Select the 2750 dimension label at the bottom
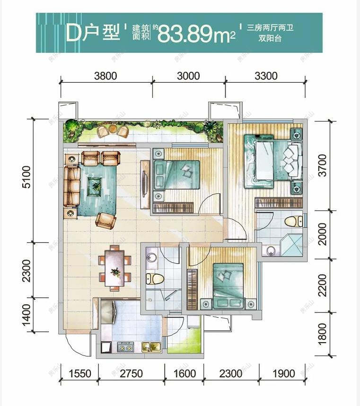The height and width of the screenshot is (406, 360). click(130, 374)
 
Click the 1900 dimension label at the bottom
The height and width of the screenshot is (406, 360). click(284, 374)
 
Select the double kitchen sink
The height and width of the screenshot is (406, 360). click(151, 347)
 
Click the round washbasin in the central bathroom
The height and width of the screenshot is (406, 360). click(151, 257)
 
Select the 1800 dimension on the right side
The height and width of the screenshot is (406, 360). click(323, 334)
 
